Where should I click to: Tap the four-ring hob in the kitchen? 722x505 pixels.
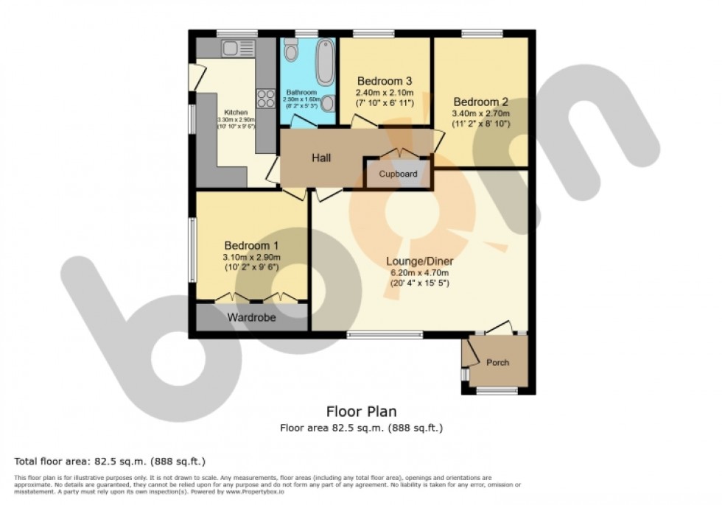pos(264,98)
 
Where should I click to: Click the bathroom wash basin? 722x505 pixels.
pos(327,103)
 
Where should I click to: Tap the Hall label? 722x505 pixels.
pos(320,158)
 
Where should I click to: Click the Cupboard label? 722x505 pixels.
pos(398,174)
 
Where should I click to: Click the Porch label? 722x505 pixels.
pos(497,362)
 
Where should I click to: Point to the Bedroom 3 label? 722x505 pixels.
pos(384,81)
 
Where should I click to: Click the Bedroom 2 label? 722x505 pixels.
pos(481,102)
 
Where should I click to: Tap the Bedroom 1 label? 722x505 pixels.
pos(252,245)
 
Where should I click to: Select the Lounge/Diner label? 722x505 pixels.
pos(419,261)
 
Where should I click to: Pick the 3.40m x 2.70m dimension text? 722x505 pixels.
pos(481,113)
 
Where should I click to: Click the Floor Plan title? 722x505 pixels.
pos(361,412)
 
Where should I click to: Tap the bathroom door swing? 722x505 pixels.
pos(302,122)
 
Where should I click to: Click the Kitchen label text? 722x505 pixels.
pos(235,112)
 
